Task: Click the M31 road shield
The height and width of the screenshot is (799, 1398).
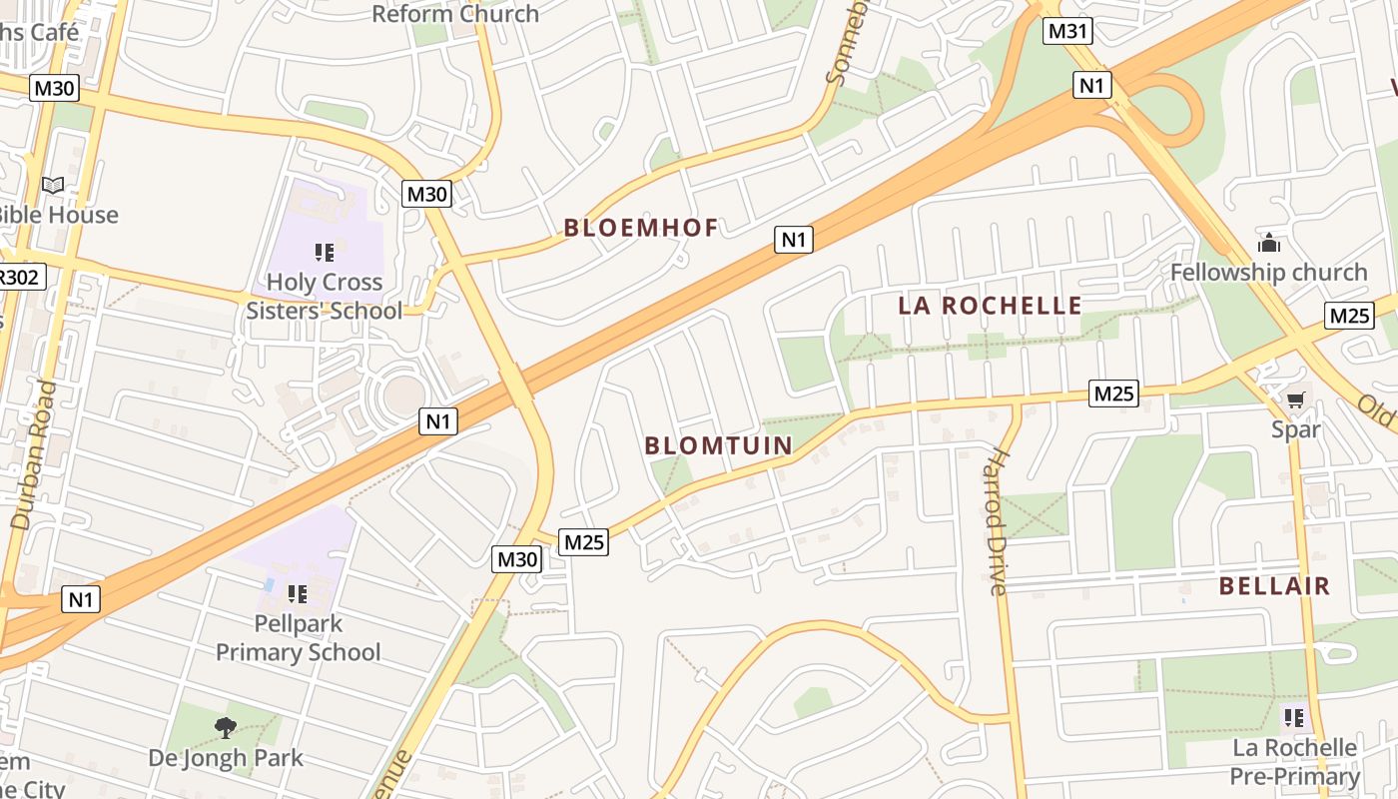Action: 1067,31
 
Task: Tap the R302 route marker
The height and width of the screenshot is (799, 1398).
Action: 20,276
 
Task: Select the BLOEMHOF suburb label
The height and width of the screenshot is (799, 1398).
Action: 641,228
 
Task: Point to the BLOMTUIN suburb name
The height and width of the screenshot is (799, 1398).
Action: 719,445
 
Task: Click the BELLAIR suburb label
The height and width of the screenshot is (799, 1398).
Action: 1274,586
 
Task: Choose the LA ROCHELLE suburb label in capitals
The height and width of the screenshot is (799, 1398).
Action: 990,306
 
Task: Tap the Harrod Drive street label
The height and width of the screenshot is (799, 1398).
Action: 997,521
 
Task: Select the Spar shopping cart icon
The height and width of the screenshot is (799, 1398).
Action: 1295,400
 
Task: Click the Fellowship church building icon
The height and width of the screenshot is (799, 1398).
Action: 1268,243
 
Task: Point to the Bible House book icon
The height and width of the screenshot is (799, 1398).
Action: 53,186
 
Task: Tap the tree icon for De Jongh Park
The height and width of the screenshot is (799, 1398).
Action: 226,728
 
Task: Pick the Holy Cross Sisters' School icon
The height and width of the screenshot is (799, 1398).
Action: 324,253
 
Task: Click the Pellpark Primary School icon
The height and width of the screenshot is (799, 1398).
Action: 297,594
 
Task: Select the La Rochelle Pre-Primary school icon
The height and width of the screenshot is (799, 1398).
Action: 1294,717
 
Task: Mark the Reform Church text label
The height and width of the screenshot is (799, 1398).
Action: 455,14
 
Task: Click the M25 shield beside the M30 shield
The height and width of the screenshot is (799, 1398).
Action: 584,542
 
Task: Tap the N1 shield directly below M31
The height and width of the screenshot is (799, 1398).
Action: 1092,85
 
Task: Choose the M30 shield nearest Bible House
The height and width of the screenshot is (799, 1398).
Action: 54,88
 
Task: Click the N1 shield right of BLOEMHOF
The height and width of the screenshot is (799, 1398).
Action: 793,240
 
